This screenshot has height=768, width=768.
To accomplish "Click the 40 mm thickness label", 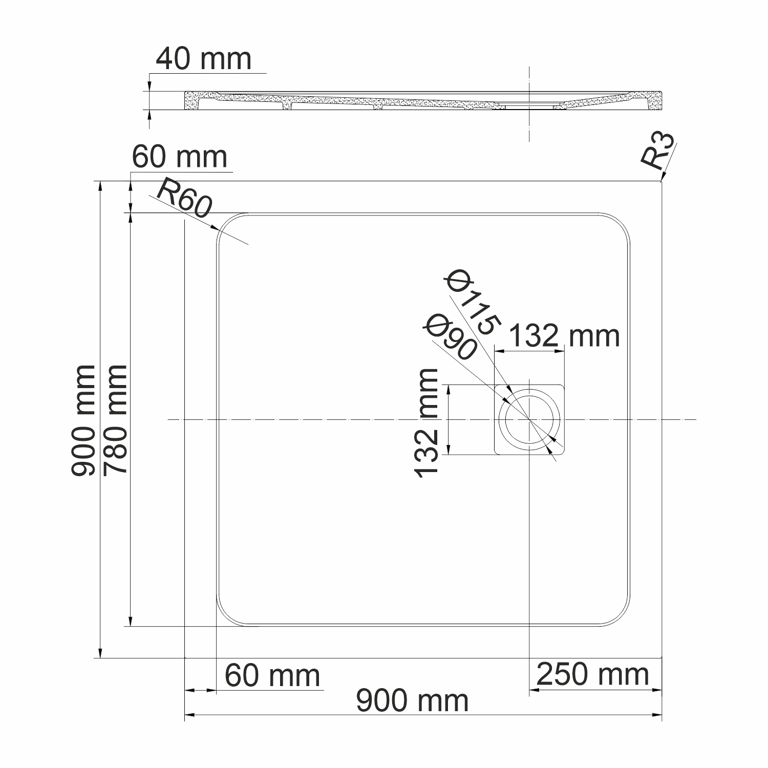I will coord(203,59).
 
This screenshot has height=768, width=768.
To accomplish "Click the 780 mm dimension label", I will coord(115,419).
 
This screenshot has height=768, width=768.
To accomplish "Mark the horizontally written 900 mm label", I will coord(412,700).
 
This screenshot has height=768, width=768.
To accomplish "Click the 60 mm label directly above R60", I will coord(180,157).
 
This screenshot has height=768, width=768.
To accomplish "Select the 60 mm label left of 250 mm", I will coord(272,676).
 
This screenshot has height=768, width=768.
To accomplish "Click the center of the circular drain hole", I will coord(529,420).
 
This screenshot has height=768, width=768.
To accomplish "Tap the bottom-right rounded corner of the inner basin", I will coord(621,616).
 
